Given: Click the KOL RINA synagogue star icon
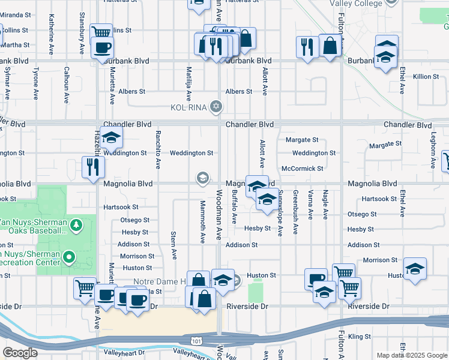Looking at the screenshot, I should (216, 107).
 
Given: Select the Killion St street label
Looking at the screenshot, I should (426, 77).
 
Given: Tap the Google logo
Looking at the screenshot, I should (20, 353).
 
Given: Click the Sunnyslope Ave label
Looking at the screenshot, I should (280, 213).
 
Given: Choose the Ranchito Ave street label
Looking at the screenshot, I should (158, 149).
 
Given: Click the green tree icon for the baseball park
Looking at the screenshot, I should (76, 225).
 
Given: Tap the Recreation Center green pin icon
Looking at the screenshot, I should (69, 258).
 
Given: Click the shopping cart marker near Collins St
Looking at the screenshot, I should (101, 33).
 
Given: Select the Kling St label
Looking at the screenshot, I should (359, 337).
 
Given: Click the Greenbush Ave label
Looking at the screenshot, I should (295, 213).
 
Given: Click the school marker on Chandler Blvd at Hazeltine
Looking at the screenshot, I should (111, 139).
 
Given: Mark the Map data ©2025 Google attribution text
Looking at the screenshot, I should (411, 355).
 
